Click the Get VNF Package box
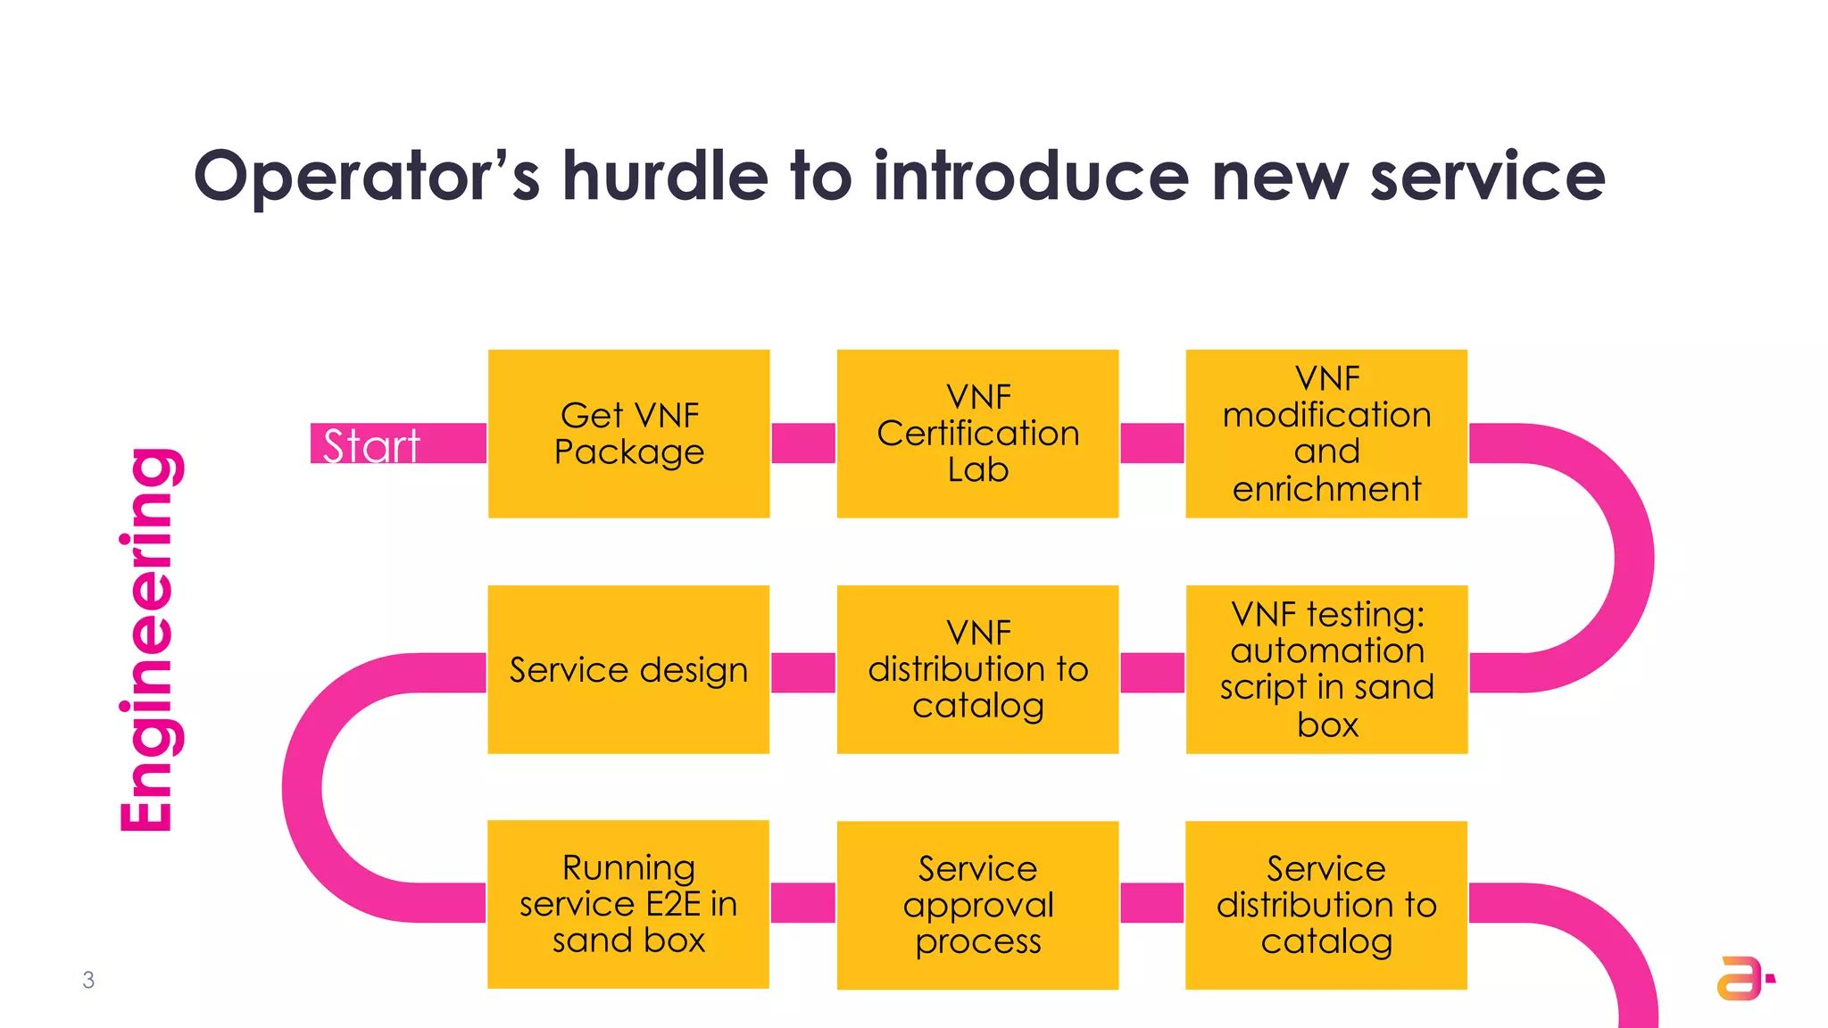pos(628,434)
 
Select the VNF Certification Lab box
pos(977,434)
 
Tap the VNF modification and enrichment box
pos(1326,434)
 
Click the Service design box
pos(628,669)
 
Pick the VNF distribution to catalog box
pos(977,669)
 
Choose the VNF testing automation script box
pos(1326,669)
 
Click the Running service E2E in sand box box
pos(628,904)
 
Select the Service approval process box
pos(977,904)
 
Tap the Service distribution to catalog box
pos(1326,904)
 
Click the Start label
pos(371,444)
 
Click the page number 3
pos(88,980)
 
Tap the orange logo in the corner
pos(1742,978)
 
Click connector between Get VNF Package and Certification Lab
pos(803,444)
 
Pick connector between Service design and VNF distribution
pos(803,673)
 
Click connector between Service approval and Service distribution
pos(1151,903)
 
